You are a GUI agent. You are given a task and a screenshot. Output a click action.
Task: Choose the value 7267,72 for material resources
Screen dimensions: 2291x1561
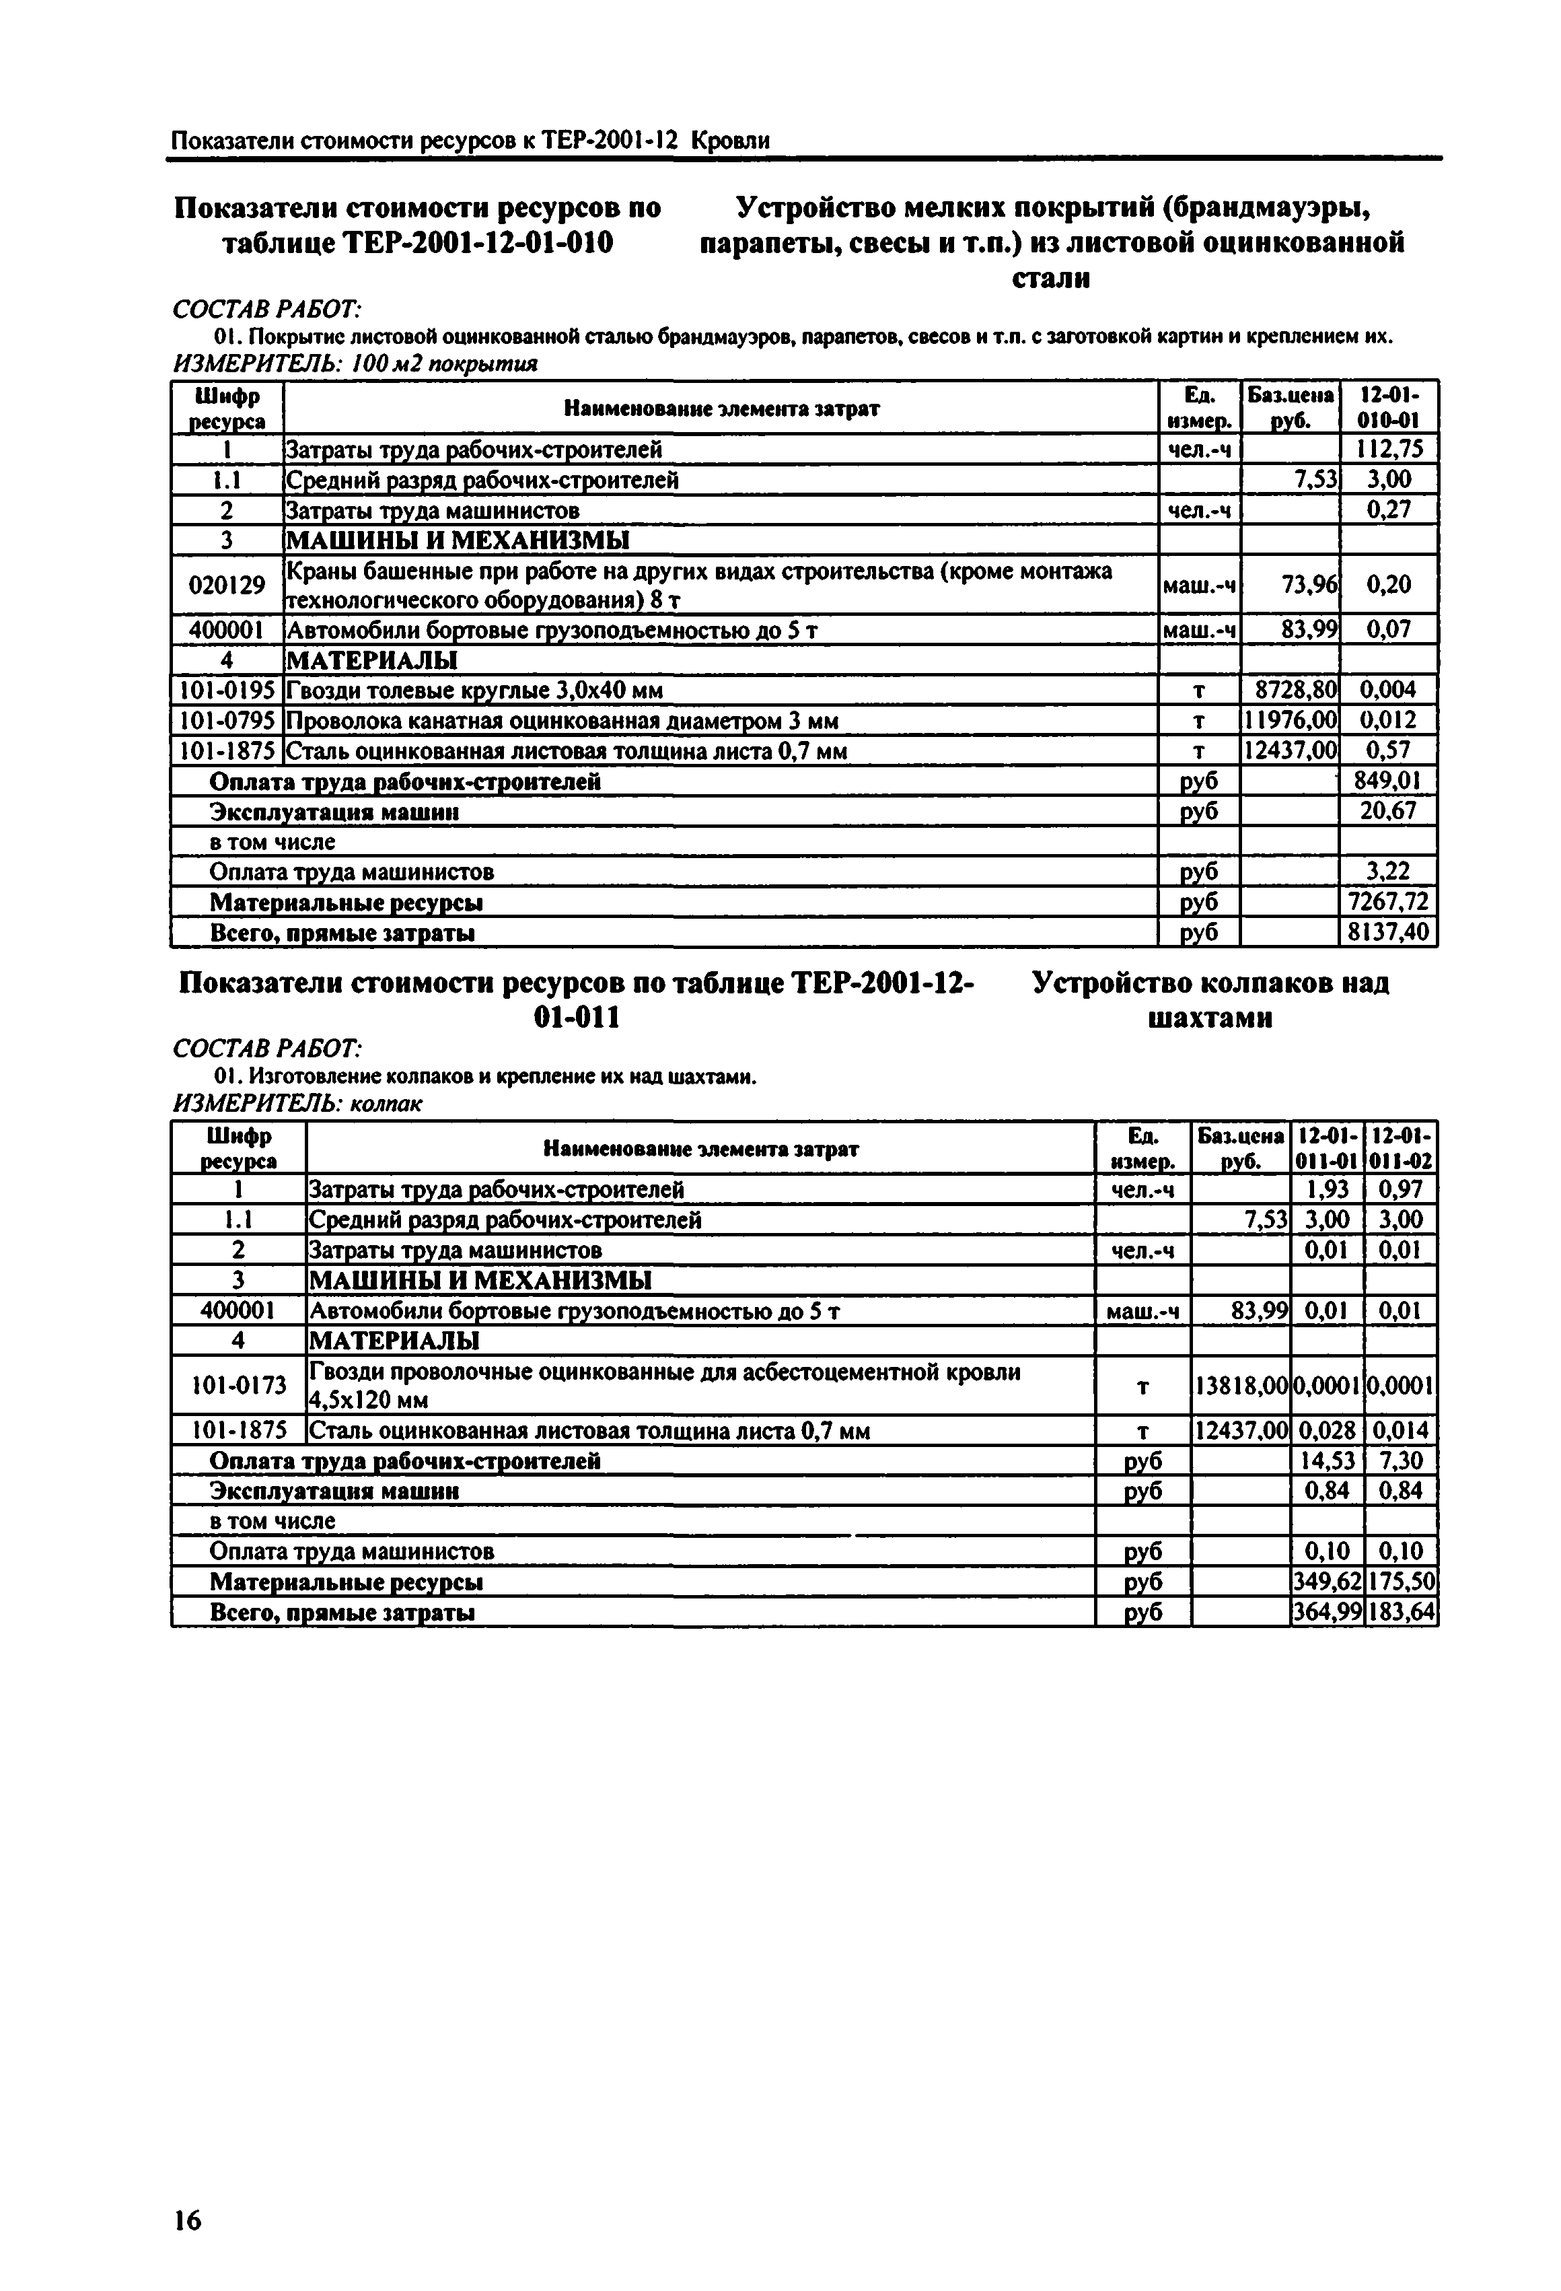pos(1387,902)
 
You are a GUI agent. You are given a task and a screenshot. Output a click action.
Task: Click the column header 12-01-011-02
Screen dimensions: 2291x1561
pos(1400,1148)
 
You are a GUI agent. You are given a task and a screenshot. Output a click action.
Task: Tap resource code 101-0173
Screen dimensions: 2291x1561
pos(238,1385)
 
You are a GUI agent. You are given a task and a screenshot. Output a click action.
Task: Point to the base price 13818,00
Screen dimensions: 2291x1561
pos(1241,1386)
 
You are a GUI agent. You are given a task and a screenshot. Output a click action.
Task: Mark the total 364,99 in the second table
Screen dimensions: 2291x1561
pos(1326,1613)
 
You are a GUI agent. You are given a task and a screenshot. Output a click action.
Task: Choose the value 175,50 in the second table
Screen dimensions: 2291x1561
pos(1400,1582)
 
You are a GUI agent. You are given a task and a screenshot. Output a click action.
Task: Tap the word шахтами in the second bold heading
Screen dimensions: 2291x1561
pos(1210,1018)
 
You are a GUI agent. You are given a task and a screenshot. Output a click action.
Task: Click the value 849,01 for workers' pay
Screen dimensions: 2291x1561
pos(1387,782)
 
